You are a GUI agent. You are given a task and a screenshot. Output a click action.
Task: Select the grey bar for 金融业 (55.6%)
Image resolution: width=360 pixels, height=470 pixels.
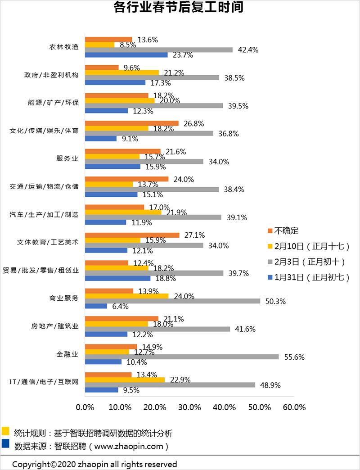click(182, 357)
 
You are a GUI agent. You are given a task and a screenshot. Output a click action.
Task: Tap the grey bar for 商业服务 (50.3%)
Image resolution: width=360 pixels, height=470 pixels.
click(173, 301)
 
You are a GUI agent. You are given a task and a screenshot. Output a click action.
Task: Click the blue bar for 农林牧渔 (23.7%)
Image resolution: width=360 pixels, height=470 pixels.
click(126, 55)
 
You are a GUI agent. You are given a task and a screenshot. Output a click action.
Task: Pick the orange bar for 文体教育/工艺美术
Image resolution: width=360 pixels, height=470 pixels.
click(132, 235)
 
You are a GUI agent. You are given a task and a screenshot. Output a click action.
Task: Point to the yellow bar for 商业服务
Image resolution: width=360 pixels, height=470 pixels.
click(127, 296)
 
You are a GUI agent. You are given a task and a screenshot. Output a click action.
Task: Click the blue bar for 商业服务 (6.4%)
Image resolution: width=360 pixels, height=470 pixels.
click(96, 307)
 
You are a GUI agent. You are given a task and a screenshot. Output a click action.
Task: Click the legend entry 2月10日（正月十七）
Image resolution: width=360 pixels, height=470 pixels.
click(309, 246)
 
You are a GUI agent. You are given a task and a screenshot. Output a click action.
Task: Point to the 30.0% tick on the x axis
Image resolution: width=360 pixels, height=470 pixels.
click(189, 407)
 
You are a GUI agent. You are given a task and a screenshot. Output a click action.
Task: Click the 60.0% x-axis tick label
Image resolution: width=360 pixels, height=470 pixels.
click(294, 407)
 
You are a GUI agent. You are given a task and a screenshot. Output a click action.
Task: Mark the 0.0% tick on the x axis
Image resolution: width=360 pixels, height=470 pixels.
click(85, 407)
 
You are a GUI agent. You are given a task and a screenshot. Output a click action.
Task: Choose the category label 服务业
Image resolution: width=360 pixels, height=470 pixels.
click(67, 158)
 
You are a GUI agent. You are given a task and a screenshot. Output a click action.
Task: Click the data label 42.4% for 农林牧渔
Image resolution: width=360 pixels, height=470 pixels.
click(248, 50)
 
